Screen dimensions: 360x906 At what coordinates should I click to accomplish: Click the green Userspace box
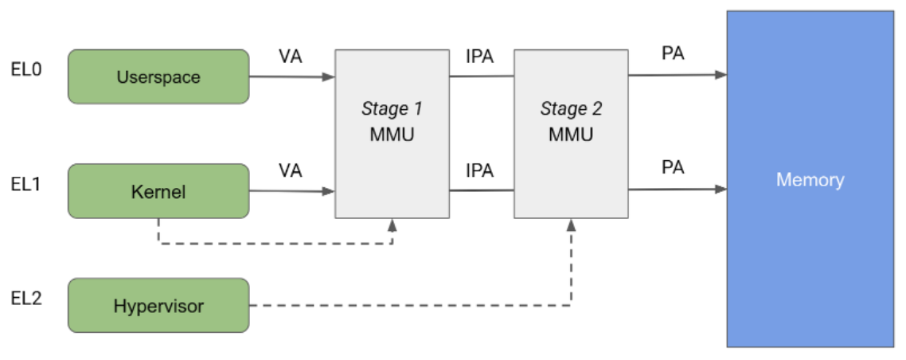[x=158, y=77]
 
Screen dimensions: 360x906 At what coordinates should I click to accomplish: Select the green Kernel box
[x=158, y=191]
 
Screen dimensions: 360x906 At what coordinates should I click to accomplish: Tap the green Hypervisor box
[x=158, y=306]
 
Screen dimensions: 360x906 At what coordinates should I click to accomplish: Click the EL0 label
[x=26, y=69]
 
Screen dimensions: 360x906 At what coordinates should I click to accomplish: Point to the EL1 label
[x=26, y=184]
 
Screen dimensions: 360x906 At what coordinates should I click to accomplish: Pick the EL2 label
[x=26, y=299]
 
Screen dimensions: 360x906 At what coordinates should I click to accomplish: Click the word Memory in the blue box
[x=810, y=179]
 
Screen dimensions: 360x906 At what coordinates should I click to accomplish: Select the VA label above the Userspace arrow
[x=290, y=57]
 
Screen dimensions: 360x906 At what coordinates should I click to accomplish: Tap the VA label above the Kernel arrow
[x=290, y=170]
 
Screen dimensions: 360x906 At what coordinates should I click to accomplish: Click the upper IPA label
[x=479, y=57]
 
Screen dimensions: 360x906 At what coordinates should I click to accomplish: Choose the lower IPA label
[x=479, y=170]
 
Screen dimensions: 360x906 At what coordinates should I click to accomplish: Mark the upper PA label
[x=673, y=54]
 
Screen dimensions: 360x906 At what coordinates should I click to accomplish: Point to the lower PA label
[x=673, y=168]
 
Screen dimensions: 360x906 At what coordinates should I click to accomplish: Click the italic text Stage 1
[x=392, y=108]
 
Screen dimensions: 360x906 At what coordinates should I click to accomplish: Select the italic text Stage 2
[x=571, y=108]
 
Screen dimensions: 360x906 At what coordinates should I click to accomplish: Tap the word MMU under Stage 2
[x=571, y=134]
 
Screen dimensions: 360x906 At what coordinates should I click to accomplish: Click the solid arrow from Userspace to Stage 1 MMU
[x=291, y=77]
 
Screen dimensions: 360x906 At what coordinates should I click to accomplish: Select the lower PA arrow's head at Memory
[x=721, y=190]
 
